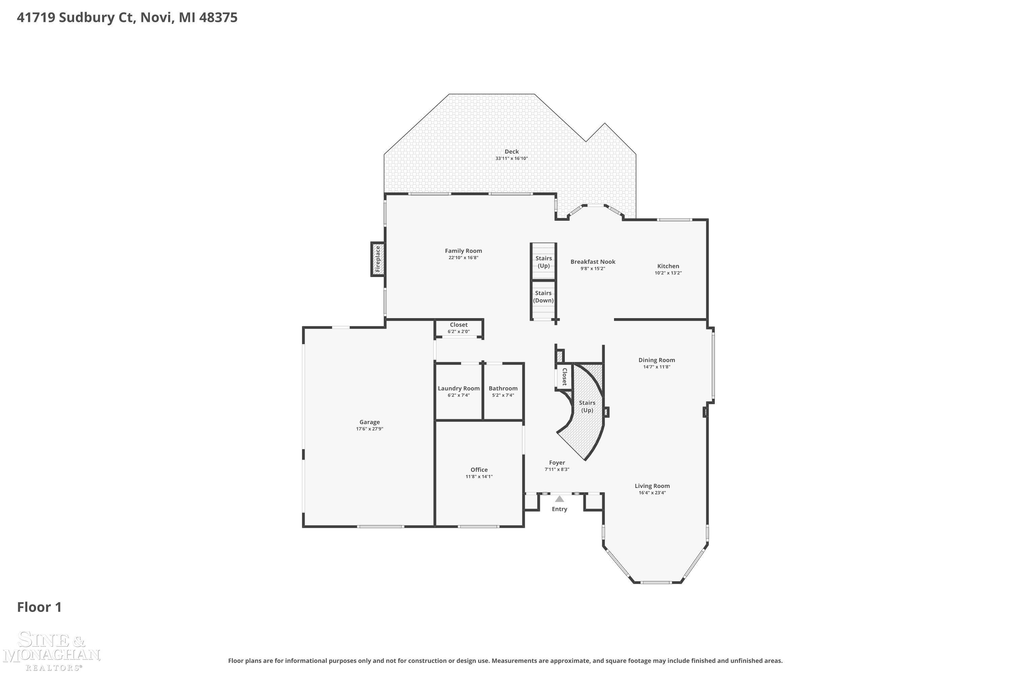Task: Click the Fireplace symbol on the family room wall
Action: (378, 259)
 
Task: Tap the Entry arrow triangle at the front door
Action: (559, 499)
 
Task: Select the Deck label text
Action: (512, 151)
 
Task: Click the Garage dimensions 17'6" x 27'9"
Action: (370, 429)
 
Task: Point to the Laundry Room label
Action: (459, 388)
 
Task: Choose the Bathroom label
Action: (503, 388)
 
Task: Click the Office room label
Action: (479, 470)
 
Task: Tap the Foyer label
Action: (557, 462)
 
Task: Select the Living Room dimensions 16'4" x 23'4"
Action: (652, 493)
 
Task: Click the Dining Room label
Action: (656, 360)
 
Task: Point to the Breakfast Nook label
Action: (593, 262)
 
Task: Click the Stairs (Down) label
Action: (543, 297)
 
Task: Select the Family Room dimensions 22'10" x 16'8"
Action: (463, 257)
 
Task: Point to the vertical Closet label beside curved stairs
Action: (564, 376)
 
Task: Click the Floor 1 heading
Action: (39, 607)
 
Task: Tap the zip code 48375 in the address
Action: (218, 18)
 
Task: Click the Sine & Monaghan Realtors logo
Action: (52, 651)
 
